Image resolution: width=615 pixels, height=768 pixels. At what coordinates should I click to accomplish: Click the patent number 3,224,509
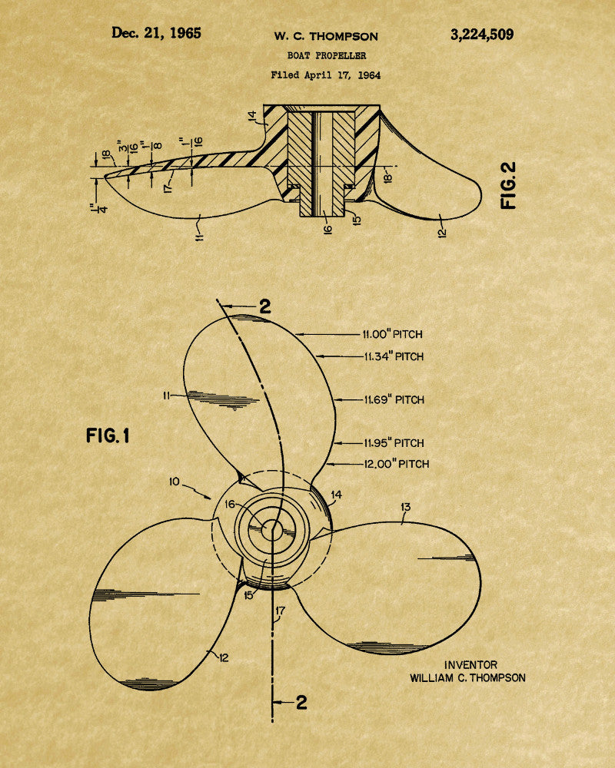(482, 35)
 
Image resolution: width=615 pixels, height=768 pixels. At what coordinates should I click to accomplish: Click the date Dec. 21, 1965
(156, 33)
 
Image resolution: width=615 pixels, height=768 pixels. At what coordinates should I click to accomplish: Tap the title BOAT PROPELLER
(327, 56)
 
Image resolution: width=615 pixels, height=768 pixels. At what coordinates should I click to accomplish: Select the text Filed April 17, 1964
(326, 75)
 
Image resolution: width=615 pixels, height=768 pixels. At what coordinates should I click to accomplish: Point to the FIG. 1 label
(108, 435)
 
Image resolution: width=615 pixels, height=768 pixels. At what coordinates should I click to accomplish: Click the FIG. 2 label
(509, 186)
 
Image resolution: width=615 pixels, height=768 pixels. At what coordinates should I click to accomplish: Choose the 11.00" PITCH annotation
(392, 335)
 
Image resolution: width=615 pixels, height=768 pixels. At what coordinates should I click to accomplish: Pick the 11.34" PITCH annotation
(394, 356)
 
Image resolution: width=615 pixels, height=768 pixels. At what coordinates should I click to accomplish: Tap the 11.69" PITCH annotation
(394, 399)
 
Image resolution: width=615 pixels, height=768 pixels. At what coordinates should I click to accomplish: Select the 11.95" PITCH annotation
(394, 443)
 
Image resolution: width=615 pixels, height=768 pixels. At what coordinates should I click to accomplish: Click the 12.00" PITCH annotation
(396, 464)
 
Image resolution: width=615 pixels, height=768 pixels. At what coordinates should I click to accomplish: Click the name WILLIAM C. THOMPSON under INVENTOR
(468, 678)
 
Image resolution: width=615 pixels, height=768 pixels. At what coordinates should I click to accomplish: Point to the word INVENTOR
(470, 664)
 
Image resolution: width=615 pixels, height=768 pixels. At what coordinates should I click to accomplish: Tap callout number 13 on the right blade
(406, 507)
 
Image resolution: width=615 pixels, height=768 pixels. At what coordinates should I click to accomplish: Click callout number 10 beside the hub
(175, 482)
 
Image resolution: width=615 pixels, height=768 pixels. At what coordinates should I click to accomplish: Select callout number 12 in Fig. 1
(224, 657)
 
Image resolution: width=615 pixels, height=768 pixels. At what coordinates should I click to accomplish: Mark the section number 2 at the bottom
(301, 703)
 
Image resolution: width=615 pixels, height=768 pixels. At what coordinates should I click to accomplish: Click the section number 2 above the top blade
(264, 306)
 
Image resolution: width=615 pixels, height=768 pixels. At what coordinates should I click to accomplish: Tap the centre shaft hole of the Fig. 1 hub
(271, 530)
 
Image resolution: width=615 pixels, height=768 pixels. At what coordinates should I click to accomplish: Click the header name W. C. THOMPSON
(326, 37)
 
